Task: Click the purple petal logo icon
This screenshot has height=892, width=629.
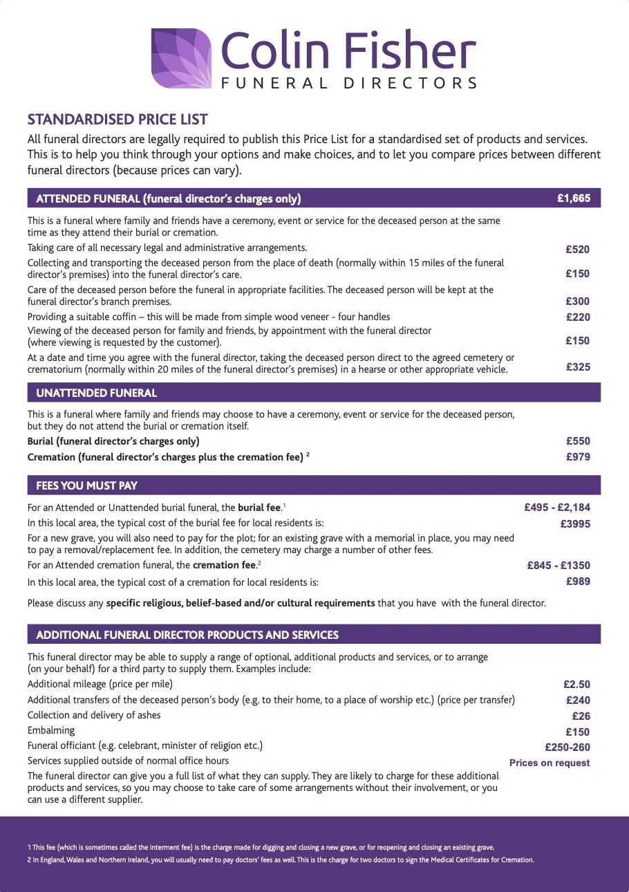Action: coord(181,58)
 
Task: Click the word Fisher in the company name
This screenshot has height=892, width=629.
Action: coord(408,50)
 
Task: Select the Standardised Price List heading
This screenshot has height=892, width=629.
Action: coord(118,120)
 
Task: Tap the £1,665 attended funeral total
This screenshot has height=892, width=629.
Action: coord(574,198)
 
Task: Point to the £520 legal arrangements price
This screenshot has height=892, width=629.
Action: coord(577,249)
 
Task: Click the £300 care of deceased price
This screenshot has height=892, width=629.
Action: coord(577,301)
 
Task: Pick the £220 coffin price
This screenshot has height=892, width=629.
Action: coord(577,317)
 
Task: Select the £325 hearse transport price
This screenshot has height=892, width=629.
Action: coord(577,366)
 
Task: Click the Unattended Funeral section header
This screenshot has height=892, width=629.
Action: coord(97,393)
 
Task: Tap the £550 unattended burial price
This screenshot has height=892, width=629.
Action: coord(577,440)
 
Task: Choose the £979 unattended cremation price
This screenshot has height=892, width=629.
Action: coord(577,456)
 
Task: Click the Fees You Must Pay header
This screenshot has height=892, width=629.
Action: coord(87,485)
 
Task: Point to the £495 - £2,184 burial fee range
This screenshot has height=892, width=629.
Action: coord(557,508)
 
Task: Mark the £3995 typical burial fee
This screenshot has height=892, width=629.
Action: coord(575,523)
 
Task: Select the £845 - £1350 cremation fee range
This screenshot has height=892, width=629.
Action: coord(558,565)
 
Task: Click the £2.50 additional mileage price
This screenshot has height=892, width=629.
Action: coord(576,685)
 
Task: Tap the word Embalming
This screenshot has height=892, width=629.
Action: coord(51,730)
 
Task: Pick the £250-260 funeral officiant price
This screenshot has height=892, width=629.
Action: coord(567,747)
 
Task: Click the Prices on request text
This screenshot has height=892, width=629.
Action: coord(550,763)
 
